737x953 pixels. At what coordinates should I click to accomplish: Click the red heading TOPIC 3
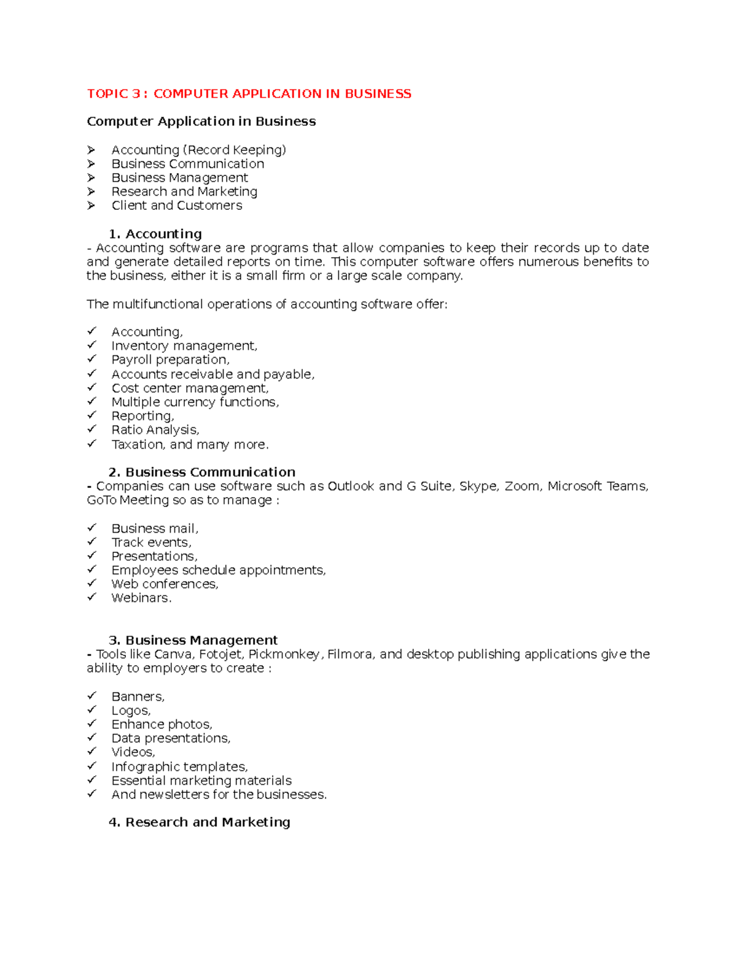coord(249,94)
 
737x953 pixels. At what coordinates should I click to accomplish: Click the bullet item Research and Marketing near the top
coord(184,191)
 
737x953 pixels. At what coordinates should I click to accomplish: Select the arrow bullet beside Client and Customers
coord(92,206)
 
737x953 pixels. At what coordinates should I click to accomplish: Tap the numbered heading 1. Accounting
coord(155,234)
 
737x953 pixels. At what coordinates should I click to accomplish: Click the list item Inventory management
coord(184,346)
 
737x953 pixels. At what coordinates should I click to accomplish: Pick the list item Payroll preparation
coord(170,360)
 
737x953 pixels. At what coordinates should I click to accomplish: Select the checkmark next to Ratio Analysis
coord(92,430)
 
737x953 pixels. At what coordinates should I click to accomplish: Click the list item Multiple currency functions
coord(195,402)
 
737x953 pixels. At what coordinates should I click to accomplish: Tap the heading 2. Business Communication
coord(202,472)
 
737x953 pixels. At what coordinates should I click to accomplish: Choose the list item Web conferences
coord(165,584)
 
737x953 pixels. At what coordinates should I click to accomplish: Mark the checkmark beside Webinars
coord(92,597)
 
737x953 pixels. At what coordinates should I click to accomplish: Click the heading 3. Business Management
coord(193,640)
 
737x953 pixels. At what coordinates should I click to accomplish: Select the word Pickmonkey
coord(284,654)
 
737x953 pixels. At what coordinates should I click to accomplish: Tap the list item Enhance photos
coord(162,724)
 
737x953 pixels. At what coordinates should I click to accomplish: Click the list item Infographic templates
coord(179,766)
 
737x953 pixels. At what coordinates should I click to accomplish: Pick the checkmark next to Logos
coord(92,710)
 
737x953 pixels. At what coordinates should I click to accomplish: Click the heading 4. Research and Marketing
coord(200,822)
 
